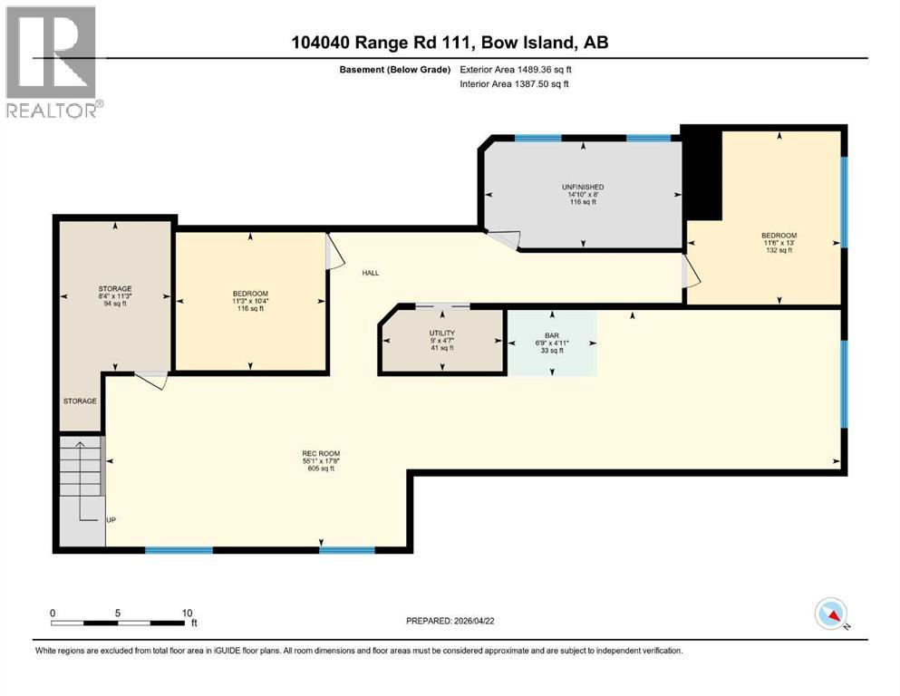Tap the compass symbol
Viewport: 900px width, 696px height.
point(831,614)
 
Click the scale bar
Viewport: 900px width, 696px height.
point(122,623)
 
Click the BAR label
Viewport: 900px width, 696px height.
point(551,335)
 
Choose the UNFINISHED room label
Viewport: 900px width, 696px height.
point(582,187)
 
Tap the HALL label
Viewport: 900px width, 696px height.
point(371,272)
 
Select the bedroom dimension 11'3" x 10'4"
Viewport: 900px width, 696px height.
point(250,301)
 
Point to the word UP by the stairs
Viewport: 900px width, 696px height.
point(111,520)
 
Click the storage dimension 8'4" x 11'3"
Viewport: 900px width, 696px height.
point(114,295)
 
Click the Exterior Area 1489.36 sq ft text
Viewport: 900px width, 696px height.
point(517,69)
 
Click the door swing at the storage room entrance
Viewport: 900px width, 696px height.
point(152,381)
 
